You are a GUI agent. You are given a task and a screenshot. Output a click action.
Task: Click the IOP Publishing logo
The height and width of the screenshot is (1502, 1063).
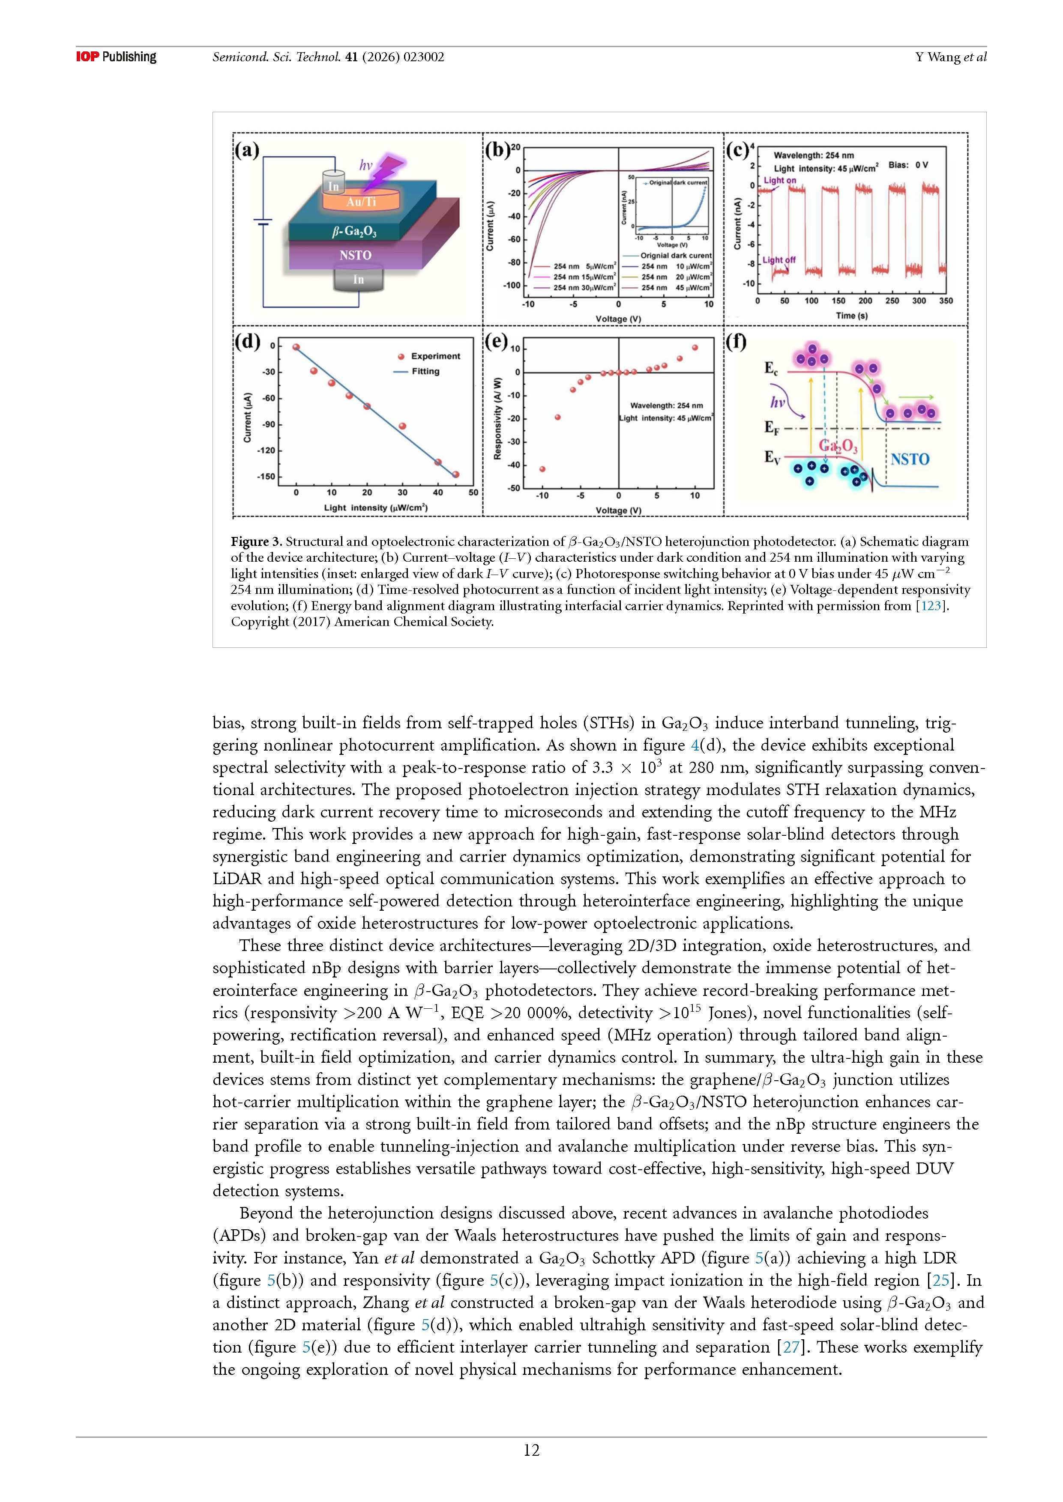tap(116, 57)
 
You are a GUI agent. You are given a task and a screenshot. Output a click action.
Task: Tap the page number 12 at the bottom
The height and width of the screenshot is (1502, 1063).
tap(531, 1450)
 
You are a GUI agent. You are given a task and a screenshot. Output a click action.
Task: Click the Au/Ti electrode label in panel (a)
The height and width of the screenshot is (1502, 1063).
tap(361, 202)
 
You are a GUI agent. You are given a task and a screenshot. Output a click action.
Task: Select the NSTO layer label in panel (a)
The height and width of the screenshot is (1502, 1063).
tap(356, 255)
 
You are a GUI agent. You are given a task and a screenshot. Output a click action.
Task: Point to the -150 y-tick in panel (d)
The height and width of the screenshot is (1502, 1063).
tap(266, 476)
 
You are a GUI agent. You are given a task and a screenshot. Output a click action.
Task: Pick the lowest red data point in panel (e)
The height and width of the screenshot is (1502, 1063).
tap(542, 469)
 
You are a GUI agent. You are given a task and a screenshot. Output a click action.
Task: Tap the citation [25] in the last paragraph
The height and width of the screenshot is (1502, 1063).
tap(940, 1280)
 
